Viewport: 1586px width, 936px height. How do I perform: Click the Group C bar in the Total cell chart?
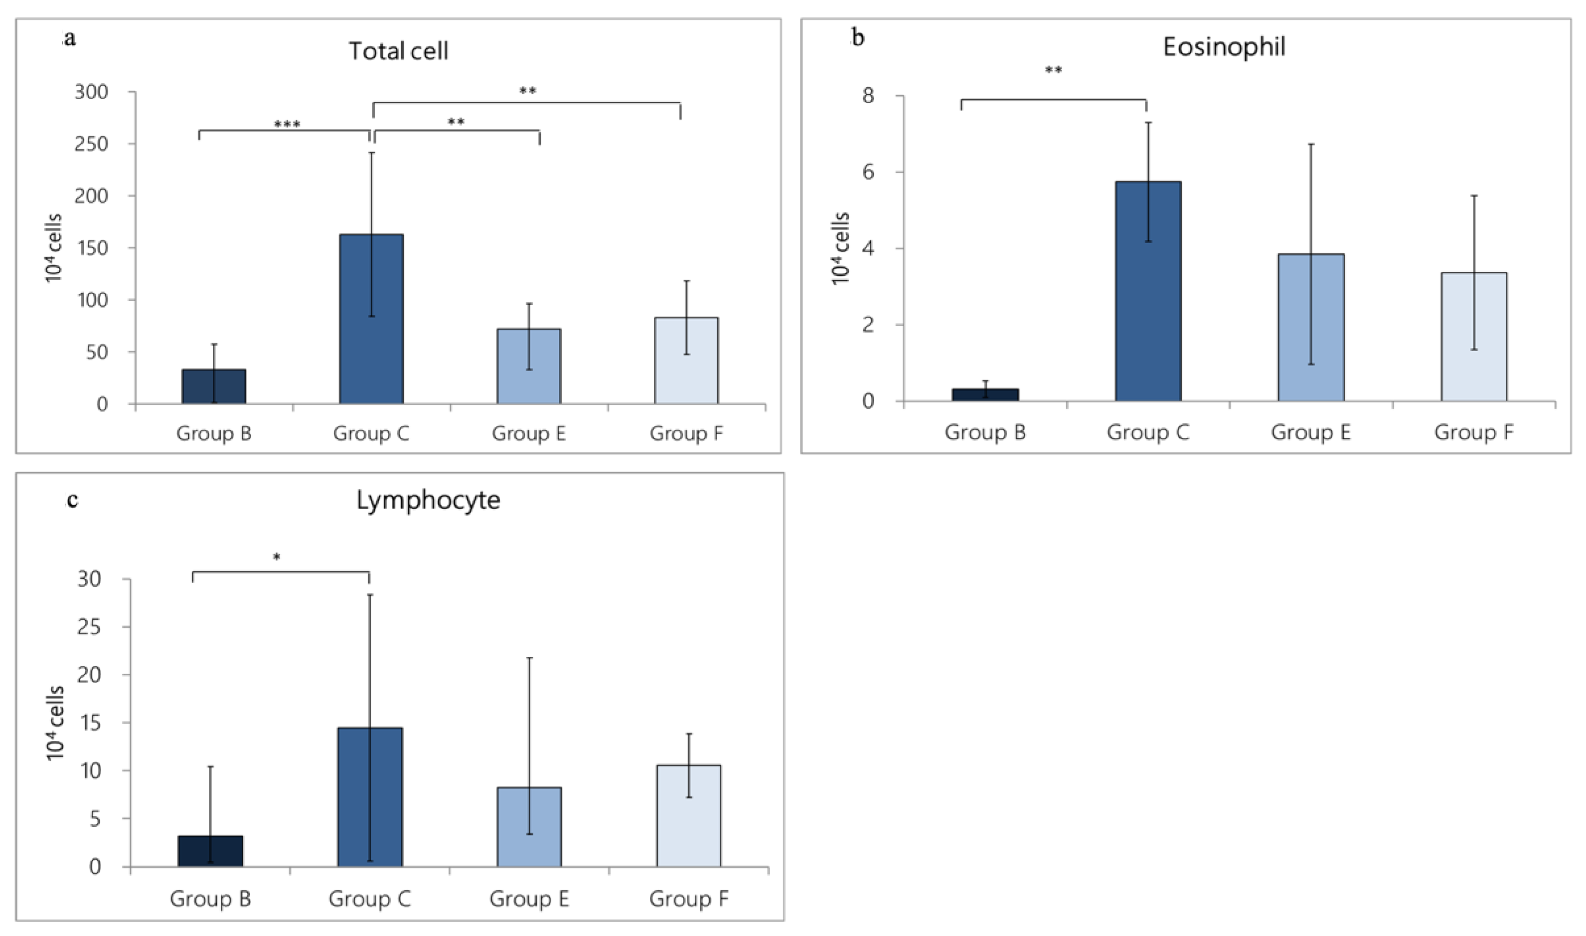click(371, 319)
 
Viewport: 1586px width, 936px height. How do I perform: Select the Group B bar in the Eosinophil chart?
click(984, 395)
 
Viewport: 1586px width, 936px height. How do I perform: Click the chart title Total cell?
click(398, 51)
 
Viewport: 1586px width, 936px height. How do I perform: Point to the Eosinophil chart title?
click(1224, 47)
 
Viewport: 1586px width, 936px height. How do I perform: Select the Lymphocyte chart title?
click(428, 500)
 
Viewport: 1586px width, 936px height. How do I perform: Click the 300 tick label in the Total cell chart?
click(91, 92)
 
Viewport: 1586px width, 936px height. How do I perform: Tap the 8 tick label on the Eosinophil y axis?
click(869, 96)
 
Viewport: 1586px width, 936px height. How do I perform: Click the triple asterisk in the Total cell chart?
click(287, 124)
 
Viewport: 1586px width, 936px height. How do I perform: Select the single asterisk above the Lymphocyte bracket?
click(276, 557)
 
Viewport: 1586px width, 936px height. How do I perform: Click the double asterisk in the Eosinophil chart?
click(1053, 70)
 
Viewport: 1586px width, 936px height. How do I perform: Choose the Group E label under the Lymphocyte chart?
click(529, 899)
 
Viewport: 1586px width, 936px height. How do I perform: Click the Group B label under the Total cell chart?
click(214, 434)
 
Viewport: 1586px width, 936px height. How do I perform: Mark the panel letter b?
click(858, 38)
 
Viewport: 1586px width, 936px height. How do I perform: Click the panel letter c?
click(72, 500)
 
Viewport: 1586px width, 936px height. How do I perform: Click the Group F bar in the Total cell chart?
click(686, 360)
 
